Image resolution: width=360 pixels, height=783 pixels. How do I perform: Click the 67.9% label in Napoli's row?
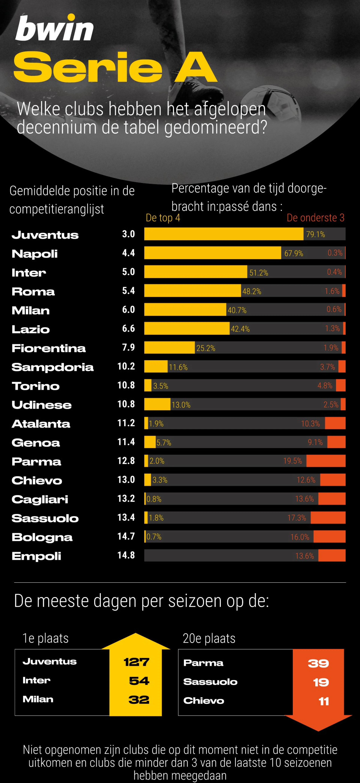(x=294, y=253)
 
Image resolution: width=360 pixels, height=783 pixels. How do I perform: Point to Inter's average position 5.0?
(x=128, y=272)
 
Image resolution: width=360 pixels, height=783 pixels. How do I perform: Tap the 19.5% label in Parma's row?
(x=292, y=461)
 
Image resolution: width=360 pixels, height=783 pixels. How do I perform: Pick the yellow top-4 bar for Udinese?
(x=157, y=404)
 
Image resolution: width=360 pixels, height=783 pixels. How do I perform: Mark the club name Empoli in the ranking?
(x=36, y=556)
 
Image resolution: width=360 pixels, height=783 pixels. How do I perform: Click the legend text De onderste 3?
(x=315, y=218)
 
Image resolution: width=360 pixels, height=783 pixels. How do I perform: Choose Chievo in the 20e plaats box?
(x=204, y=701)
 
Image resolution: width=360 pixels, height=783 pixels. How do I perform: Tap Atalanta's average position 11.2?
(x=126, y=423)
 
